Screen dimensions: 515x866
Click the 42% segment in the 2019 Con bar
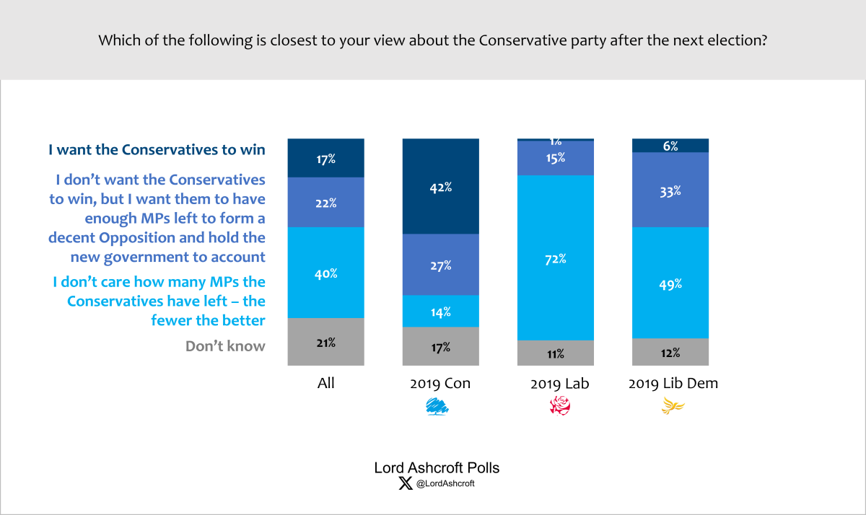click(440, 187)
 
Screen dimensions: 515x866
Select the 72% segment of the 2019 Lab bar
click(556, 257)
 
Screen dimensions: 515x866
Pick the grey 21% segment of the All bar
click(325, 343)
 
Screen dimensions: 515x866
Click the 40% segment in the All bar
click(325, 273)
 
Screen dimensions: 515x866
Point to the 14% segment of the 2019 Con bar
click(440, 311)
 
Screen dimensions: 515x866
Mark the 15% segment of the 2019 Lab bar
click(556, 158)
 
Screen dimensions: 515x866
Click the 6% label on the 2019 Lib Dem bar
click(670, 146)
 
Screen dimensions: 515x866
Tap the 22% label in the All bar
click(325, 203)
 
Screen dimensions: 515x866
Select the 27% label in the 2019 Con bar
click(440, 265)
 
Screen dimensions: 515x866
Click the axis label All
click(325, 383)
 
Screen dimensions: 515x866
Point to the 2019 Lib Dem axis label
click(673, 383)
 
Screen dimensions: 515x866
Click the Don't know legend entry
click(225, 346)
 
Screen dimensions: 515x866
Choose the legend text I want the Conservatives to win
click(157, 150)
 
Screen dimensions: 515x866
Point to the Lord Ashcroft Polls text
click(436, 467)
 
